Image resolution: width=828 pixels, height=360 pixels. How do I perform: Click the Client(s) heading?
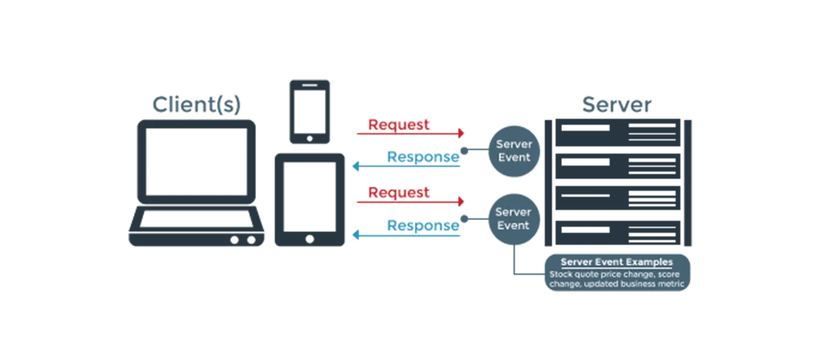click(196, 105)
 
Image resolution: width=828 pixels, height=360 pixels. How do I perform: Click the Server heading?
click(617, 105)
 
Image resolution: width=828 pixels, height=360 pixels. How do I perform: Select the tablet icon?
click(310, 199)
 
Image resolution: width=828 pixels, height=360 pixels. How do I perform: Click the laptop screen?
click(197, 160)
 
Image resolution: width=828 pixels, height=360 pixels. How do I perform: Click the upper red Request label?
click(399, 124)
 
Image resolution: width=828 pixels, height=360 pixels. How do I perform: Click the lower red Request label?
click(399, 193)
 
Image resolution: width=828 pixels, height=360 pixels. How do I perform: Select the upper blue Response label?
click(423, 157)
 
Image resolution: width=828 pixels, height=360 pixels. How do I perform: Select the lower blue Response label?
click(423, 226)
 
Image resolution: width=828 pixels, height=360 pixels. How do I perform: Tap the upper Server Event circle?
click(514, 151)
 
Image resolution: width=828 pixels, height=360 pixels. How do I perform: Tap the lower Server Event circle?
click(513, 219)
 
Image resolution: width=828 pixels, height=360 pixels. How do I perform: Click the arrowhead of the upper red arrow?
click(461, 133)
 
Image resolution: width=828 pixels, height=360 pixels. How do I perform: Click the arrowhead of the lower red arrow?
click(461, 202)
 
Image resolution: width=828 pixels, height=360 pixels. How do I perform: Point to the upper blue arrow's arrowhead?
click(355, 166)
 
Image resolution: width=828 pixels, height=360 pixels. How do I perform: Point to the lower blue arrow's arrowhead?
click(355, 235)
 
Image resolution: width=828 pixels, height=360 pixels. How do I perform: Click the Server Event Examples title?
click(617, 262)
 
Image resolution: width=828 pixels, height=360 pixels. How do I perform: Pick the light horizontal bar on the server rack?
click(619, 213)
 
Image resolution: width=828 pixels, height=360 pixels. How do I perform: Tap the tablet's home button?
click(310, 239)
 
